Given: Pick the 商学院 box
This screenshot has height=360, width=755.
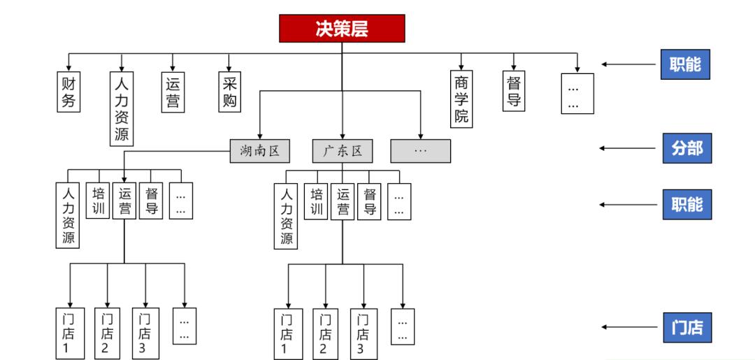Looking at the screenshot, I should (x=461, y=99).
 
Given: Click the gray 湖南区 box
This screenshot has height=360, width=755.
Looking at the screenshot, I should (x=259, y=151).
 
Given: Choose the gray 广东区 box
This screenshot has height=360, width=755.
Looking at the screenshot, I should (x=342, y=151).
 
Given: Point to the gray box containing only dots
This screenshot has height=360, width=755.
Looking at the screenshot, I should (x=420, y=151).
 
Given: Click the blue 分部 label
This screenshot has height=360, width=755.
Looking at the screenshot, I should (x=686, y=148).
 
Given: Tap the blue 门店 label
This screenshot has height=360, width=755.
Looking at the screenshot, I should (x=686, y=326).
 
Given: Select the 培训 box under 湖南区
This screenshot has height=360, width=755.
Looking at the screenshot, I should (x=99, y=200).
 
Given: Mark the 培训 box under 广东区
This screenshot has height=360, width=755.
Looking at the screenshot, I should (x=317, y=200).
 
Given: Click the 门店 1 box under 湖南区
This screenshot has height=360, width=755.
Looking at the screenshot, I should (x=69, y=333).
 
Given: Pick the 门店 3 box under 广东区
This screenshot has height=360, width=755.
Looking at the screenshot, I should (x=363, y=333).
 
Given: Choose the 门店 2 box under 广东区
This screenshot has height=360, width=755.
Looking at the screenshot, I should (x=324, y=333).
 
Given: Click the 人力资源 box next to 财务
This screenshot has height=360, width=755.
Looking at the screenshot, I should (x=122, y=108).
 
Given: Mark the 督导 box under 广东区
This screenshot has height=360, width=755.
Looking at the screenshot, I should (x=371, y=200).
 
